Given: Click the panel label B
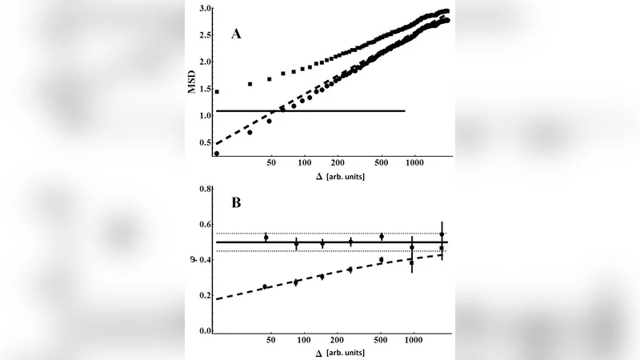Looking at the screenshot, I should tap(236, 203).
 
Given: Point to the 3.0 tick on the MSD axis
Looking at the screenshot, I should tap(205, 9).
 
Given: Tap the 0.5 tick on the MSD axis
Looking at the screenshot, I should tap(205, 142).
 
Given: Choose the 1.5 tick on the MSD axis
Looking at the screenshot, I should tap(205, 89).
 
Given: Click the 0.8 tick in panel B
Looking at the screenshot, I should tap(205, 189).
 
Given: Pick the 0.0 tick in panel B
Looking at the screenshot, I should tap(205, 330).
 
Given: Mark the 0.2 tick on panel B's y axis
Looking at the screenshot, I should tap(205, 295).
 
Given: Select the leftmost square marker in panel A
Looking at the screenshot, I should tap(217, 92).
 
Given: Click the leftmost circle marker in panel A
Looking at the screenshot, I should tap(217, 153).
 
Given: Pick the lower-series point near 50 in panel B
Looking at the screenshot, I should tap(265, 286).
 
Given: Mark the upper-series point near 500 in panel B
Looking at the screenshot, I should tap(382, 237).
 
